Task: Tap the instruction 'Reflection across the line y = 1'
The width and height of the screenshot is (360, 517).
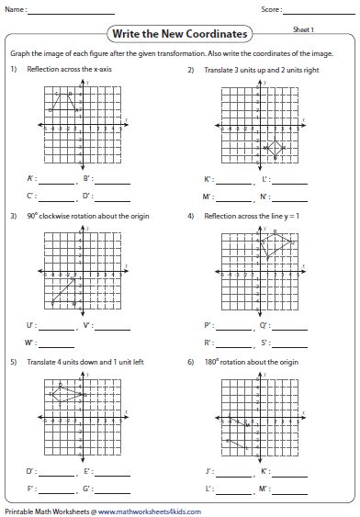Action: tap(242, 217)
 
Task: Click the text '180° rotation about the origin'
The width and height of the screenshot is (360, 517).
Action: tap(238, 362)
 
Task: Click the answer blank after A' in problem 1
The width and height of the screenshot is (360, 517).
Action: tap(53, 180)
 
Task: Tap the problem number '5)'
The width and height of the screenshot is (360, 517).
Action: tap(14, 362)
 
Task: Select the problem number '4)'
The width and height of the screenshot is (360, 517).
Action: tap(191, 217)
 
